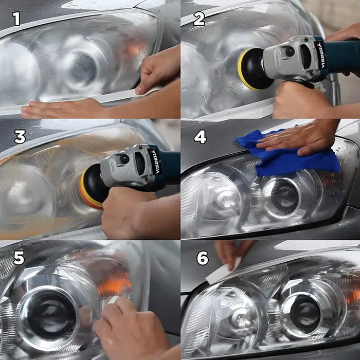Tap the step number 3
pyautogui.click(x=20, y=137)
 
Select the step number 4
pyautogui.click(x=200, y=137)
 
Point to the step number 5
pyautogui.click(x=19, y=258)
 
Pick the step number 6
pyautogui.click(x=203, y=258)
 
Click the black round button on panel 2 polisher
pyautogui.click(x=291, y=51)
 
